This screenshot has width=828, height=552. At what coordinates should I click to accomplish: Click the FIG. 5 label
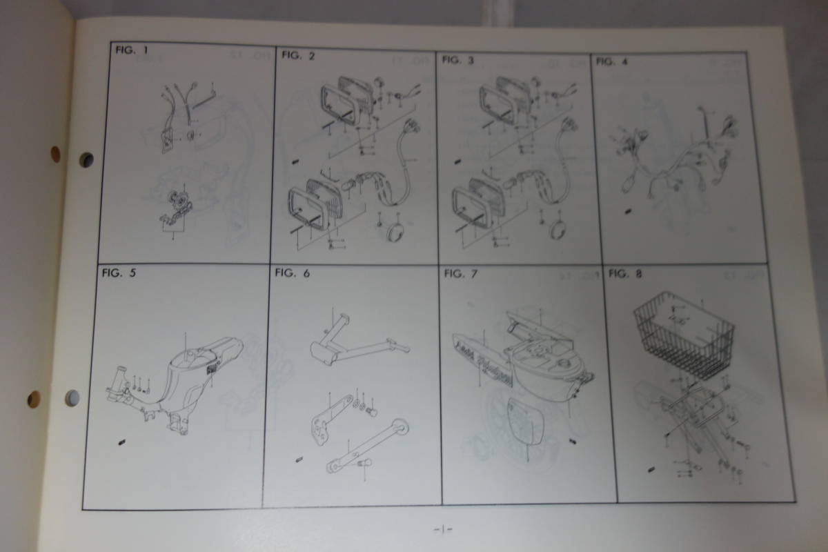pos(119,273)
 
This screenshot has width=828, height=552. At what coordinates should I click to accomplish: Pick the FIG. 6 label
pos(292,273)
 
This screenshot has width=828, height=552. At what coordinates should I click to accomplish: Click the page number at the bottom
pos(442,530)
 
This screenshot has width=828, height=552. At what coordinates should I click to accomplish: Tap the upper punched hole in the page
pos(86,159)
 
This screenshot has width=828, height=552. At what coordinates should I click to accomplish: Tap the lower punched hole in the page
pos(72,397)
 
